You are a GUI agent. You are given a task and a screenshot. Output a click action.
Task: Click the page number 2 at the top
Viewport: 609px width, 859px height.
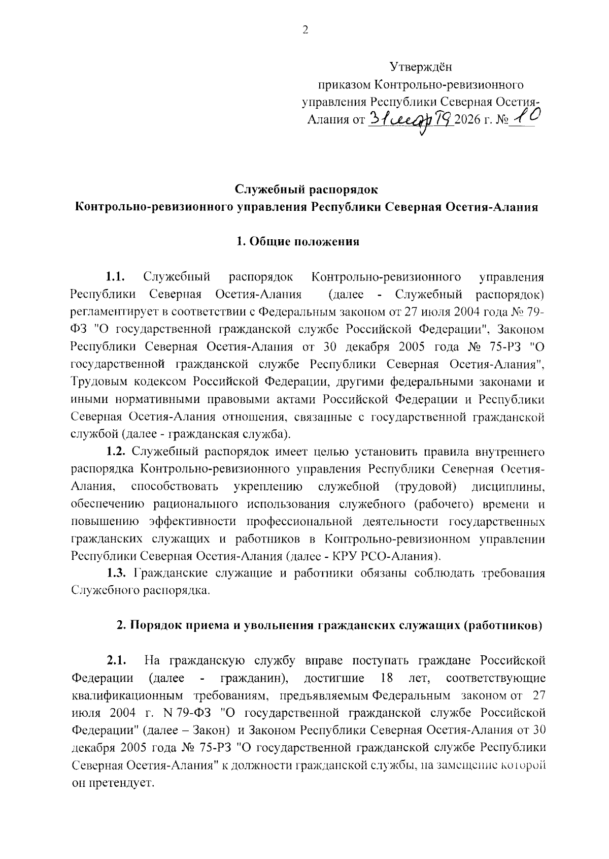tap(304, 30)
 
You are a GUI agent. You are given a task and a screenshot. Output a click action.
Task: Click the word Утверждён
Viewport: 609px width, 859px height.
tap(420, 67)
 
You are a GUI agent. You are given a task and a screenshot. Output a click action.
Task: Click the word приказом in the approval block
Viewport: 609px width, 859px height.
tap(343, 84)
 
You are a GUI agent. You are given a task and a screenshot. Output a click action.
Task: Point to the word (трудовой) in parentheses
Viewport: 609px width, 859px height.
tap(425, 487)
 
